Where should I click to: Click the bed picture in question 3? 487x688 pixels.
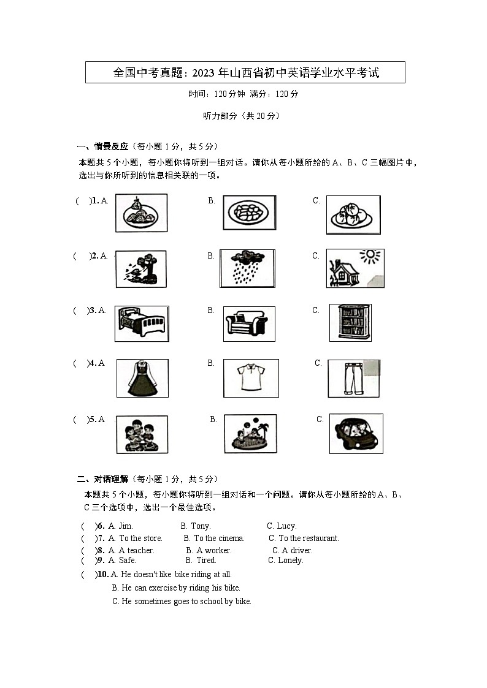pos(141,323)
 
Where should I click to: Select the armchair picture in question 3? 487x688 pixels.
pos(248,323)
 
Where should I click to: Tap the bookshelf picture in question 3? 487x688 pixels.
pos(350,322)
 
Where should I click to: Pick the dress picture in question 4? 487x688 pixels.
pos(142,378)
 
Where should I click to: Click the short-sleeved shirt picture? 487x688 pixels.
pos(250,377)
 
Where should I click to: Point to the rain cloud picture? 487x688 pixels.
pos(247,268)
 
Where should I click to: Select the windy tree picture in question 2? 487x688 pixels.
pos(140,268)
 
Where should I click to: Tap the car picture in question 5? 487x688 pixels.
pos(356,433)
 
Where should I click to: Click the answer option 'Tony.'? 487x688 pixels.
pos(201,526)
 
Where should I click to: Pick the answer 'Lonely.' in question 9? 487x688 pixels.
pos(291,560)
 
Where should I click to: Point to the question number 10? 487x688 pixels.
pos(103,574)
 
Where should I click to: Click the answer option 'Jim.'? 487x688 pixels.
pos(126,526)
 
